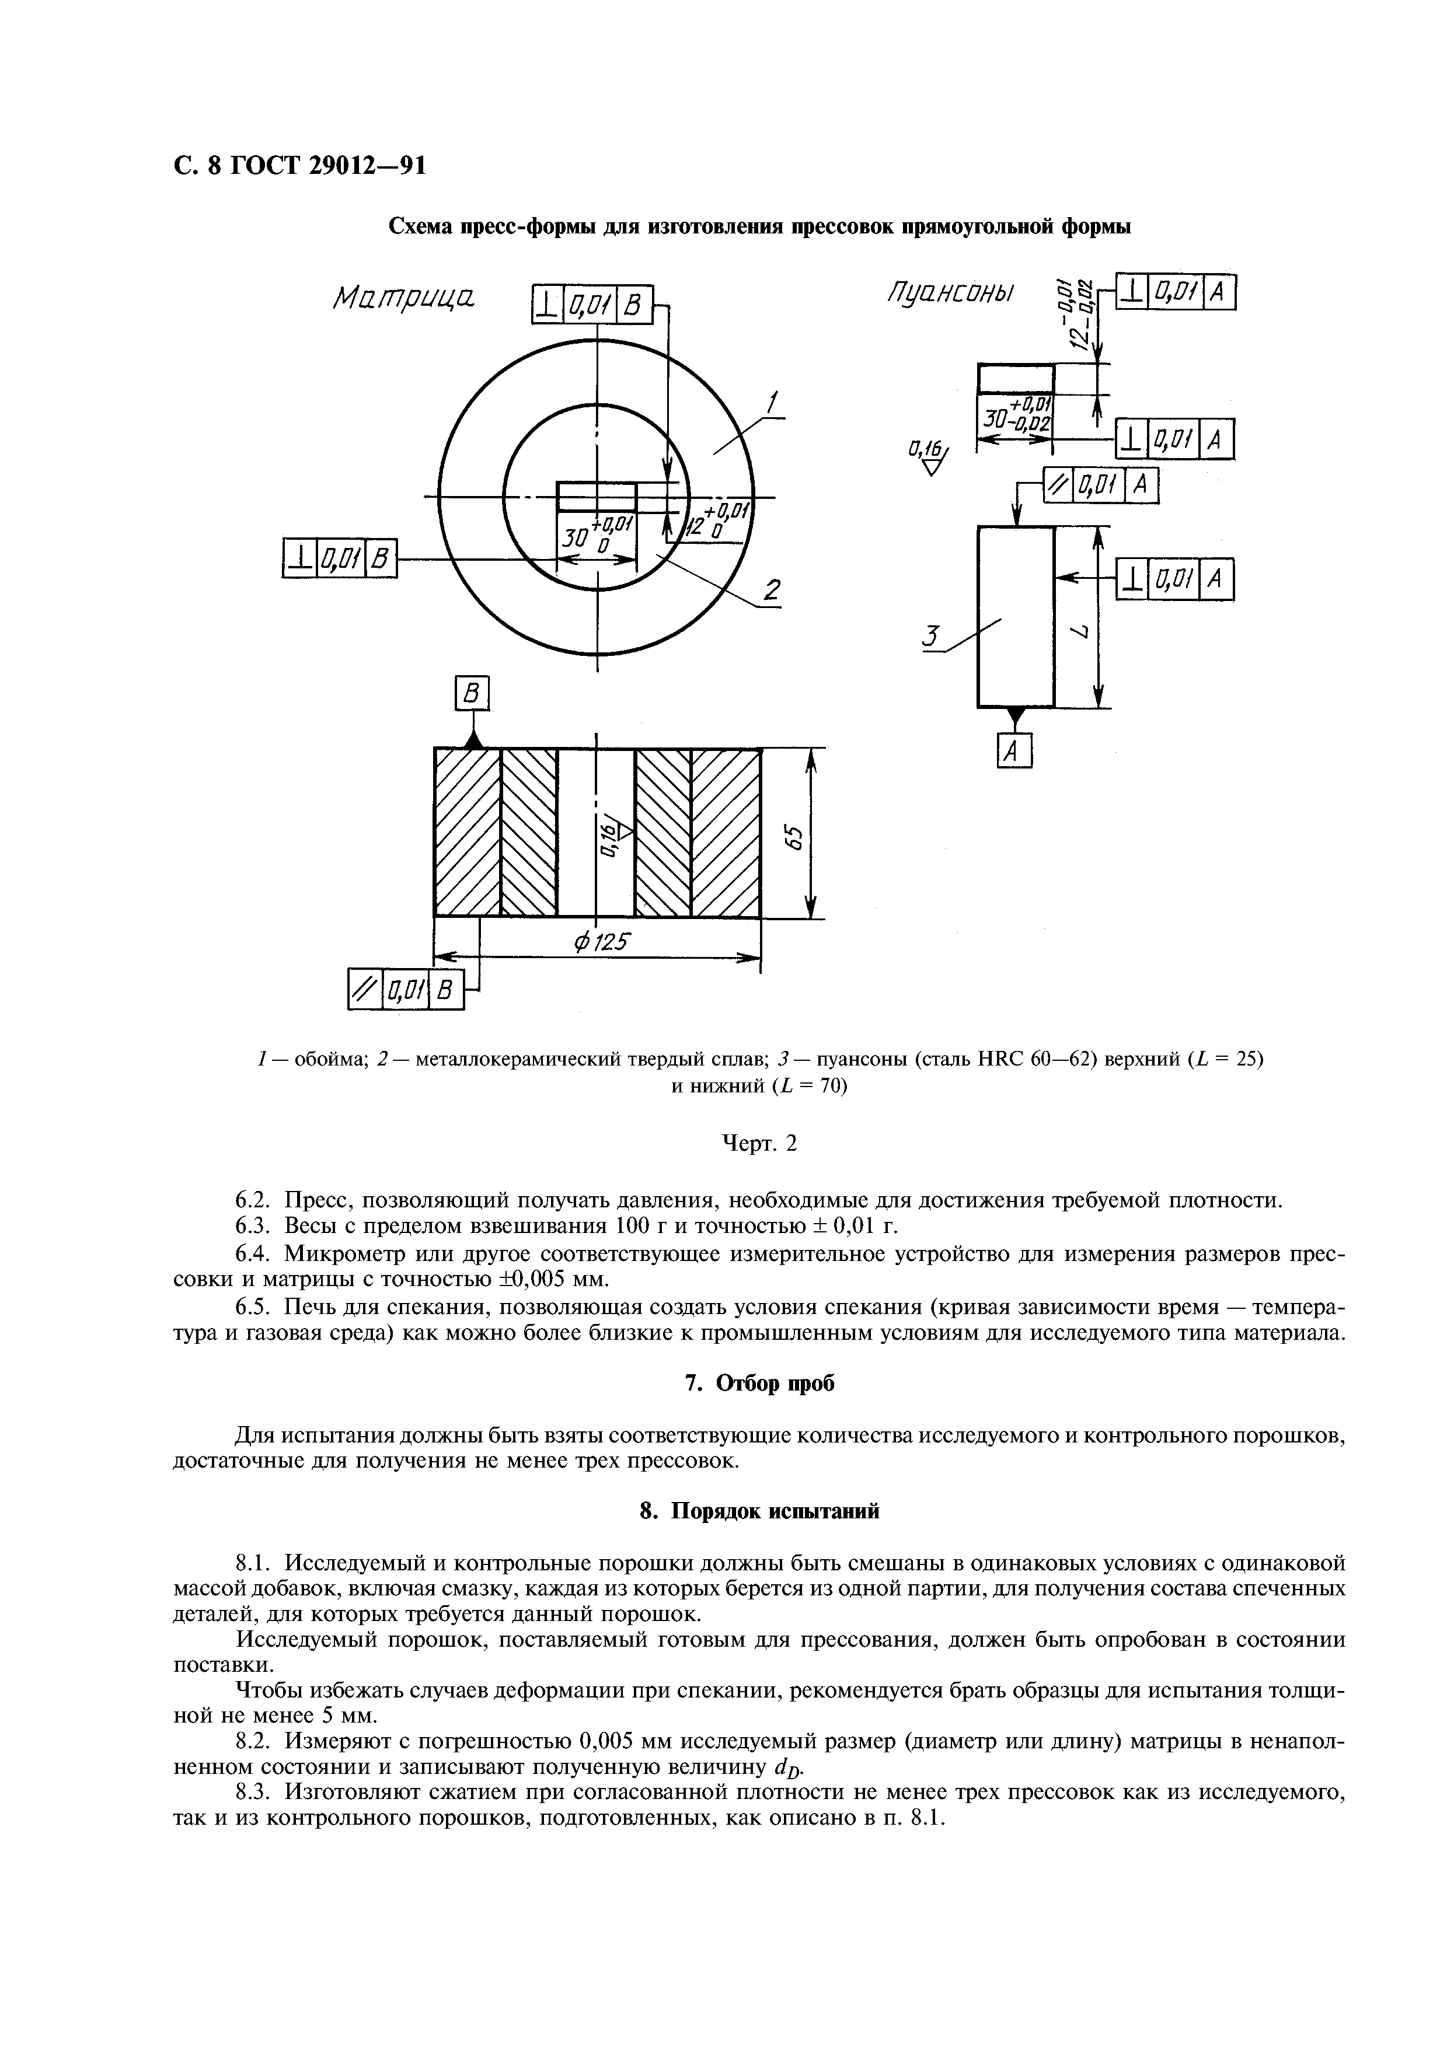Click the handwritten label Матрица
[403, 299]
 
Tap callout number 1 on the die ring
[773, 403]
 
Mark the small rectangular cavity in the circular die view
[597, 497]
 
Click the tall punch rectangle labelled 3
[1016, 616]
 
